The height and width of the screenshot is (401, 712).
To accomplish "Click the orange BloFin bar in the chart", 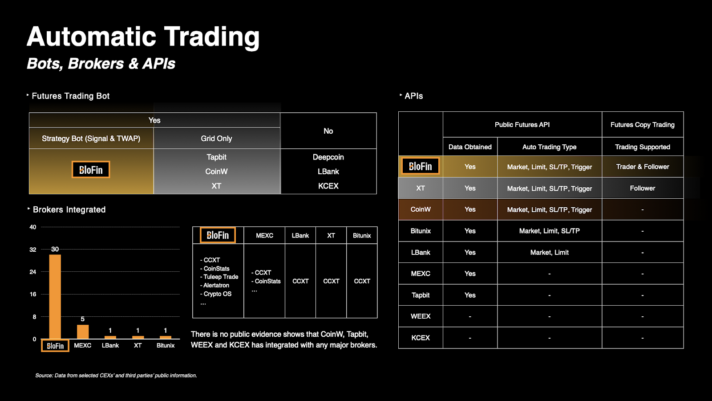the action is click(x=55, y=297).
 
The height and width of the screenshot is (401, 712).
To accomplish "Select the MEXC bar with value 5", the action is click(x=83, y=331).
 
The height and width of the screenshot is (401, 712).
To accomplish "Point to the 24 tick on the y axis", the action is click(x=33, y=272).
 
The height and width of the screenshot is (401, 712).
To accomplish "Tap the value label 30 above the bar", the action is click(x=55, y=249).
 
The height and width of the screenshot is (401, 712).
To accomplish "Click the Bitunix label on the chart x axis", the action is click(x=165, y=345).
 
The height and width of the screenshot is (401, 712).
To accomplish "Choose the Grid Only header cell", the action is click(x=216, y=139).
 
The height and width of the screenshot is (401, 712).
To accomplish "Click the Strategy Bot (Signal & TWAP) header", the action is click(x=91, y=139).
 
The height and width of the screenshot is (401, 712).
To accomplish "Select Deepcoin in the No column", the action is click(x=328, y=157).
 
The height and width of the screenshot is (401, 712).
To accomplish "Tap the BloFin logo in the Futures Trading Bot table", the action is click(x=91, y=170).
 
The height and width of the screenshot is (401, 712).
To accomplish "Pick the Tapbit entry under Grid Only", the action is click(x=216, y=157).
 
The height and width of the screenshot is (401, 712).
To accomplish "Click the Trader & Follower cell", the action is click(x=643, y=167).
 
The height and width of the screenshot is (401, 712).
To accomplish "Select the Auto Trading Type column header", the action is click(x=549, y=147).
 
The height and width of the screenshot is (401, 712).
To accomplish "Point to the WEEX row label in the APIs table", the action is click(x=421, y=316).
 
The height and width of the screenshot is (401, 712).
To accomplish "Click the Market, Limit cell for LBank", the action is click(x=549, y=252).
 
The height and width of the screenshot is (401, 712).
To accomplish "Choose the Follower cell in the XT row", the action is click(x=643, y=188).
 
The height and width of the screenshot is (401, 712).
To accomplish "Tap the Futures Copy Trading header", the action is click(x=643, y=125).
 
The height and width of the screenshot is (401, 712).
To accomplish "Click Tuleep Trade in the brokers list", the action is click(x=219, y=277).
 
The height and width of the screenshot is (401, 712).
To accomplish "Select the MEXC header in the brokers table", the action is click(x=264, y=236).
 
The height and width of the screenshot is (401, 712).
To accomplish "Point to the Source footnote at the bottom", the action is click(x=116, y=376).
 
